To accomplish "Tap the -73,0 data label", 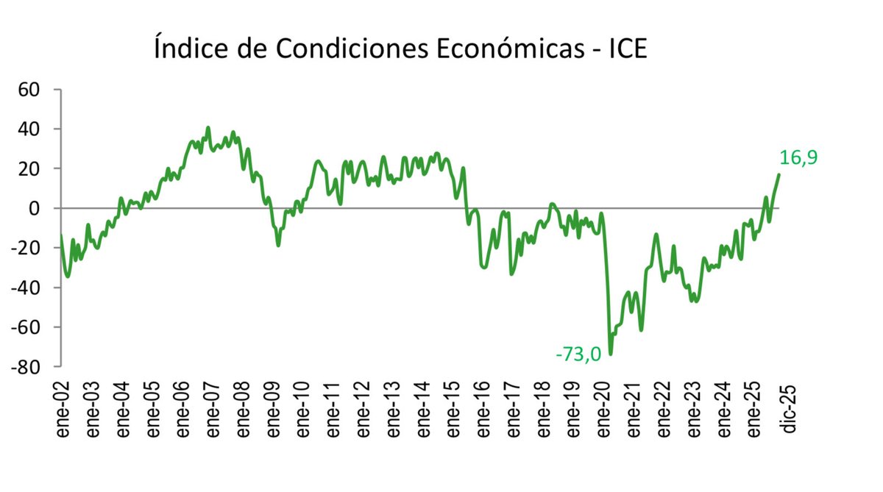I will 578,354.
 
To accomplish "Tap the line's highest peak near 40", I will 208,128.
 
